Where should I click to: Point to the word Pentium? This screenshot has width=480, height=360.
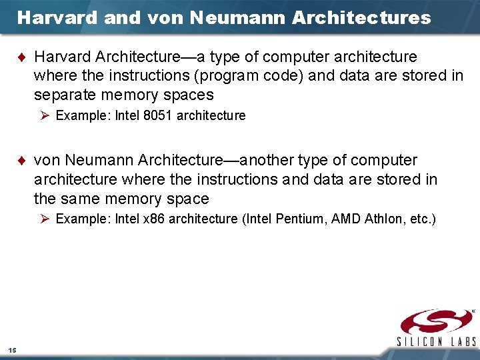[x=311, y=219]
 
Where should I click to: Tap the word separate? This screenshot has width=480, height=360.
[x=65, y=95]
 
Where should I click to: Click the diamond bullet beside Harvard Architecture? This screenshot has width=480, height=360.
[x=24, y=57]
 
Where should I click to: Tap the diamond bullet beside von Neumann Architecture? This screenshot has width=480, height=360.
[x=24, y=161]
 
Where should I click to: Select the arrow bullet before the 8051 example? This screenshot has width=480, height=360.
[x=45, y=116]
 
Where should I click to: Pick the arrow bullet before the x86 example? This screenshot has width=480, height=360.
[x=45, y=219]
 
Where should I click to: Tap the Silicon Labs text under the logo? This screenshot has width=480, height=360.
[x=437, y=341]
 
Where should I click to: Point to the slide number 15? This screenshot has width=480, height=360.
[x=13, y=350]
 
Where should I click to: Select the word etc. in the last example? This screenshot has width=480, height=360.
[x=421, y=219]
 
